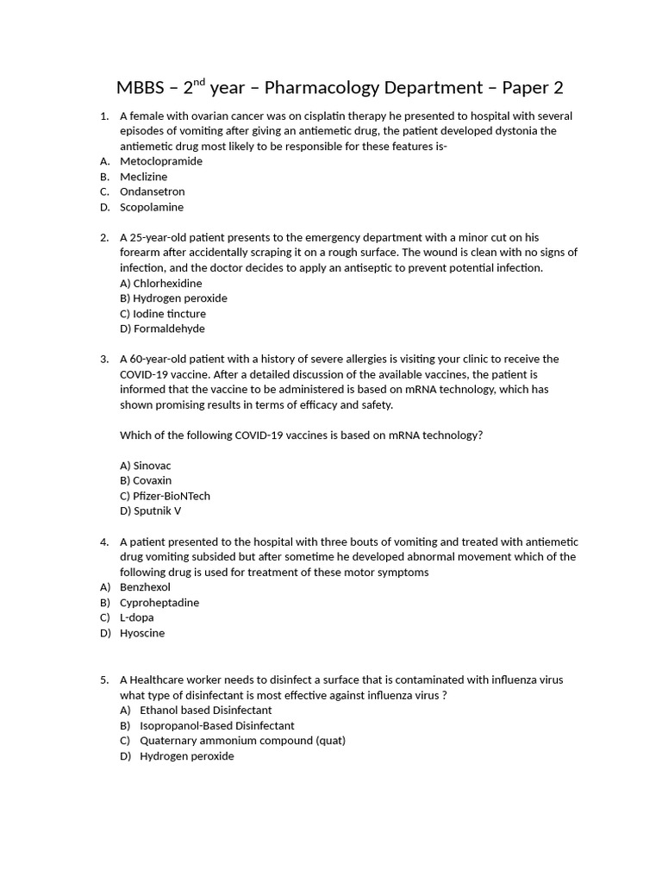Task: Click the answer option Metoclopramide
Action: coord(161,161)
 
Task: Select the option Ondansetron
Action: coord(152,191)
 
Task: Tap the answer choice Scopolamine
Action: coord(152,207)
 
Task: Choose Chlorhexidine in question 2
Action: coord(167,283)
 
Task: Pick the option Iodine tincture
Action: coord(169,313)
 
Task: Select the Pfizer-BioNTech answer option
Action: coord(171,496)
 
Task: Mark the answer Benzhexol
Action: coord(145,587)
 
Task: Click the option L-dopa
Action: coord(136,617)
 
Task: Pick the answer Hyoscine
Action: coord(142,633)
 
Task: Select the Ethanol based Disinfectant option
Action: coord(205,710)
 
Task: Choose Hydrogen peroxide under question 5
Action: coord(186,756)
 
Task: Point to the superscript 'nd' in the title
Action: coord(200,83)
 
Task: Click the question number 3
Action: coord(103,359)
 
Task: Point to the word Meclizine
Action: coord(144,177)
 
